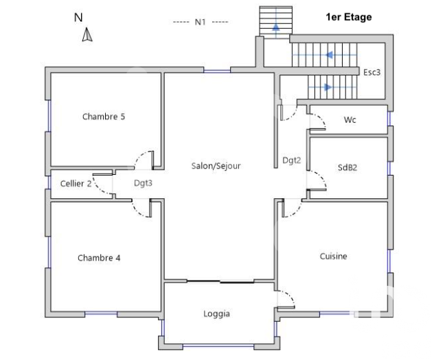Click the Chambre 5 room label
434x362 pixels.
point(104,117)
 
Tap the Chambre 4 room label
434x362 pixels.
point(99,258)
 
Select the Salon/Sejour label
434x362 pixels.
point(216,166)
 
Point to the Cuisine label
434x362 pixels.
point(333,256)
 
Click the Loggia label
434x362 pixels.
point(216,314)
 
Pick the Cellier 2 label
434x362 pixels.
point(76,184)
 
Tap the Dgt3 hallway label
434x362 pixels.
point(143,183)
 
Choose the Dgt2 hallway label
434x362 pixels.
point(291,160)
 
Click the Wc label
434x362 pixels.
point(350,120)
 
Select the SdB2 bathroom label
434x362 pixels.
point(347,167)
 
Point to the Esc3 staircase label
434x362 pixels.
point(372,73)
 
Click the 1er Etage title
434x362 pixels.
point(349,17)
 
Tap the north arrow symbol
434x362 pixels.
point(87,34)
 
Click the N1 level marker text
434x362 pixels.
point(200,22)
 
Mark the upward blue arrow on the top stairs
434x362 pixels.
point(276,27)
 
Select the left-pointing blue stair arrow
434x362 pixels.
point(329,55)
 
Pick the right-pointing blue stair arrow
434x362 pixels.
point(328,87)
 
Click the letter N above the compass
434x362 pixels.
point(78,18)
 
